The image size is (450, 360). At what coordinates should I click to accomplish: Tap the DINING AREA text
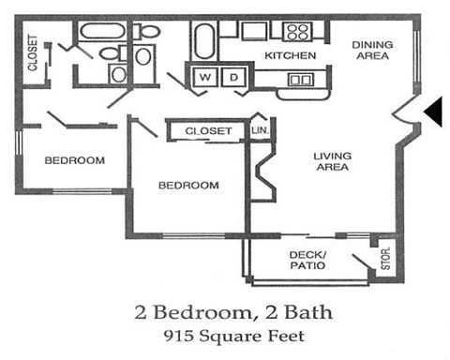coord(372,50)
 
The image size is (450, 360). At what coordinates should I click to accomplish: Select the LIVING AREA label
coord(332,161)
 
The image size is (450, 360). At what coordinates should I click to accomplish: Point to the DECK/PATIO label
coord(307,260)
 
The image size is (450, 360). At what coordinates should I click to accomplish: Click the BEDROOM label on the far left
coord(75,160)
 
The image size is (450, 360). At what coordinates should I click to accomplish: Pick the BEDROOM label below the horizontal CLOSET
coord(187,185)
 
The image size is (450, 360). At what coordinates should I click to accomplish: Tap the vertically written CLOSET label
coord(32,55)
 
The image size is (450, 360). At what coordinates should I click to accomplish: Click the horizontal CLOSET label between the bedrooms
coord(208,131)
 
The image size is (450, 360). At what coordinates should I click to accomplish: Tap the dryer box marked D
coord(233,76)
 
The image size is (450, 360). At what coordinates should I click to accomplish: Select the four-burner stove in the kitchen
coord(298,31)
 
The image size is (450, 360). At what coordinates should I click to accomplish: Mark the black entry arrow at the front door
coord(434,112)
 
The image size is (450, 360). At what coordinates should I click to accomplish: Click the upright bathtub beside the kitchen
coord(204,40)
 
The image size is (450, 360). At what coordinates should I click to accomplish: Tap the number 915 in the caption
coord(171,333)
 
